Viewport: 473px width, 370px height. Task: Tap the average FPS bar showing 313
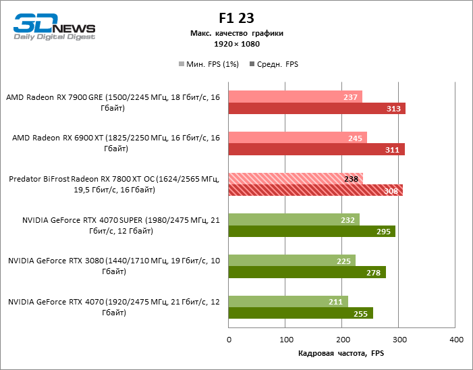[317, 108]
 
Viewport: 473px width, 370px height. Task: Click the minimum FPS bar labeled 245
[298, 138]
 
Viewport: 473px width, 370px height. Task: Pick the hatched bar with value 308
[316, 190]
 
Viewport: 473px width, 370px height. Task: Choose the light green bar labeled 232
[294, 219]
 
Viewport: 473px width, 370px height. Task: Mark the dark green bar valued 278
[307, 272]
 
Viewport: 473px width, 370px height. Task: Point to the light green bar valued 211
[288, 302]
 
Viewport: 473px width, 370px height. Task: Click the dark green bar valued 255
[301, 313]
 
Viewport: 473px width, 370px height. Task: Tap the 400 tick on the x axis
[456, 339]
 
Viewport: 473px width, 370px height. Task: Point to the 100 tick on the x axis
[286, 339]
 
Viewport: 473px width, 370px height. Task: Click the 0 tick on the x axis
[229, 339]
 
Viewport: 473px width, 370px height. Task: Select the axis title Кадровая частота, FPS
[341, 353]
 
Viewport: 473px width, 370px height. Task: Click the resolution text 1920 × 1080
[236, 44]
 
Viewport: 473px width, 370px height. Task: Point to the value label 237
[350, 97]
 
